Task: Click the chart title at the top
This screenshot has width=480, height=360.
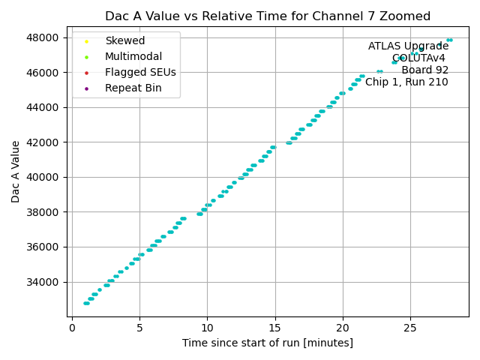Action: [x=268, y=16]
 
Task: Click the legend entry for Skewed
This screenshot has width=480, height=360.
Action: [x=124, y=40]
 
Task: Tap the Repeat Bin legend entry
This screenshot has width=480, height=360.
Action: [x=132, y=88]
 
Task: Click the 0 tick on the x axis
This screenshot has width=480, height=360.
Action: [x=72, y=327]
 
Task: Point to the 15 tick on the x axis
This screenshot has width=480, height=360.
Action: [x=274, y=327]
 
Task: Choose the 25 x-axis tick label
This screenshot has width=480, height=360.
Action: [x=410, y=327]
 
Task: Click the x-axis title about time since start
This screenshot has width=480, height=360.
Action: [x=268, y=343]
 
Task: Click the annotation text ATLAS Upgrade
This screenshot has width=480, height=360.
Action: [x=408, y=46]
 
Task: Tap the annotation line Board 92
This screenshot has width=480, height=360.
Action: [x=424, y=70]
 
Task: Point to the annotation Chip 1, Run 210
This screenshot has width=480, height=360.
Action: [x=406, y=82]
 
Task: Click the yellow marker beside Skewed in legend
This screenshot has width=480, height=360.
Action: [x=87, y=41]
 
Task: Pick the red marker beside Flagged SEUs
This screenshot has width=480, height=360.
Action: [x=87, y=73]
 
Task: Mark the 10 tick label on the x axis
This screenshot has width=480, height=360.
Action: [x=207, y=327]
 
